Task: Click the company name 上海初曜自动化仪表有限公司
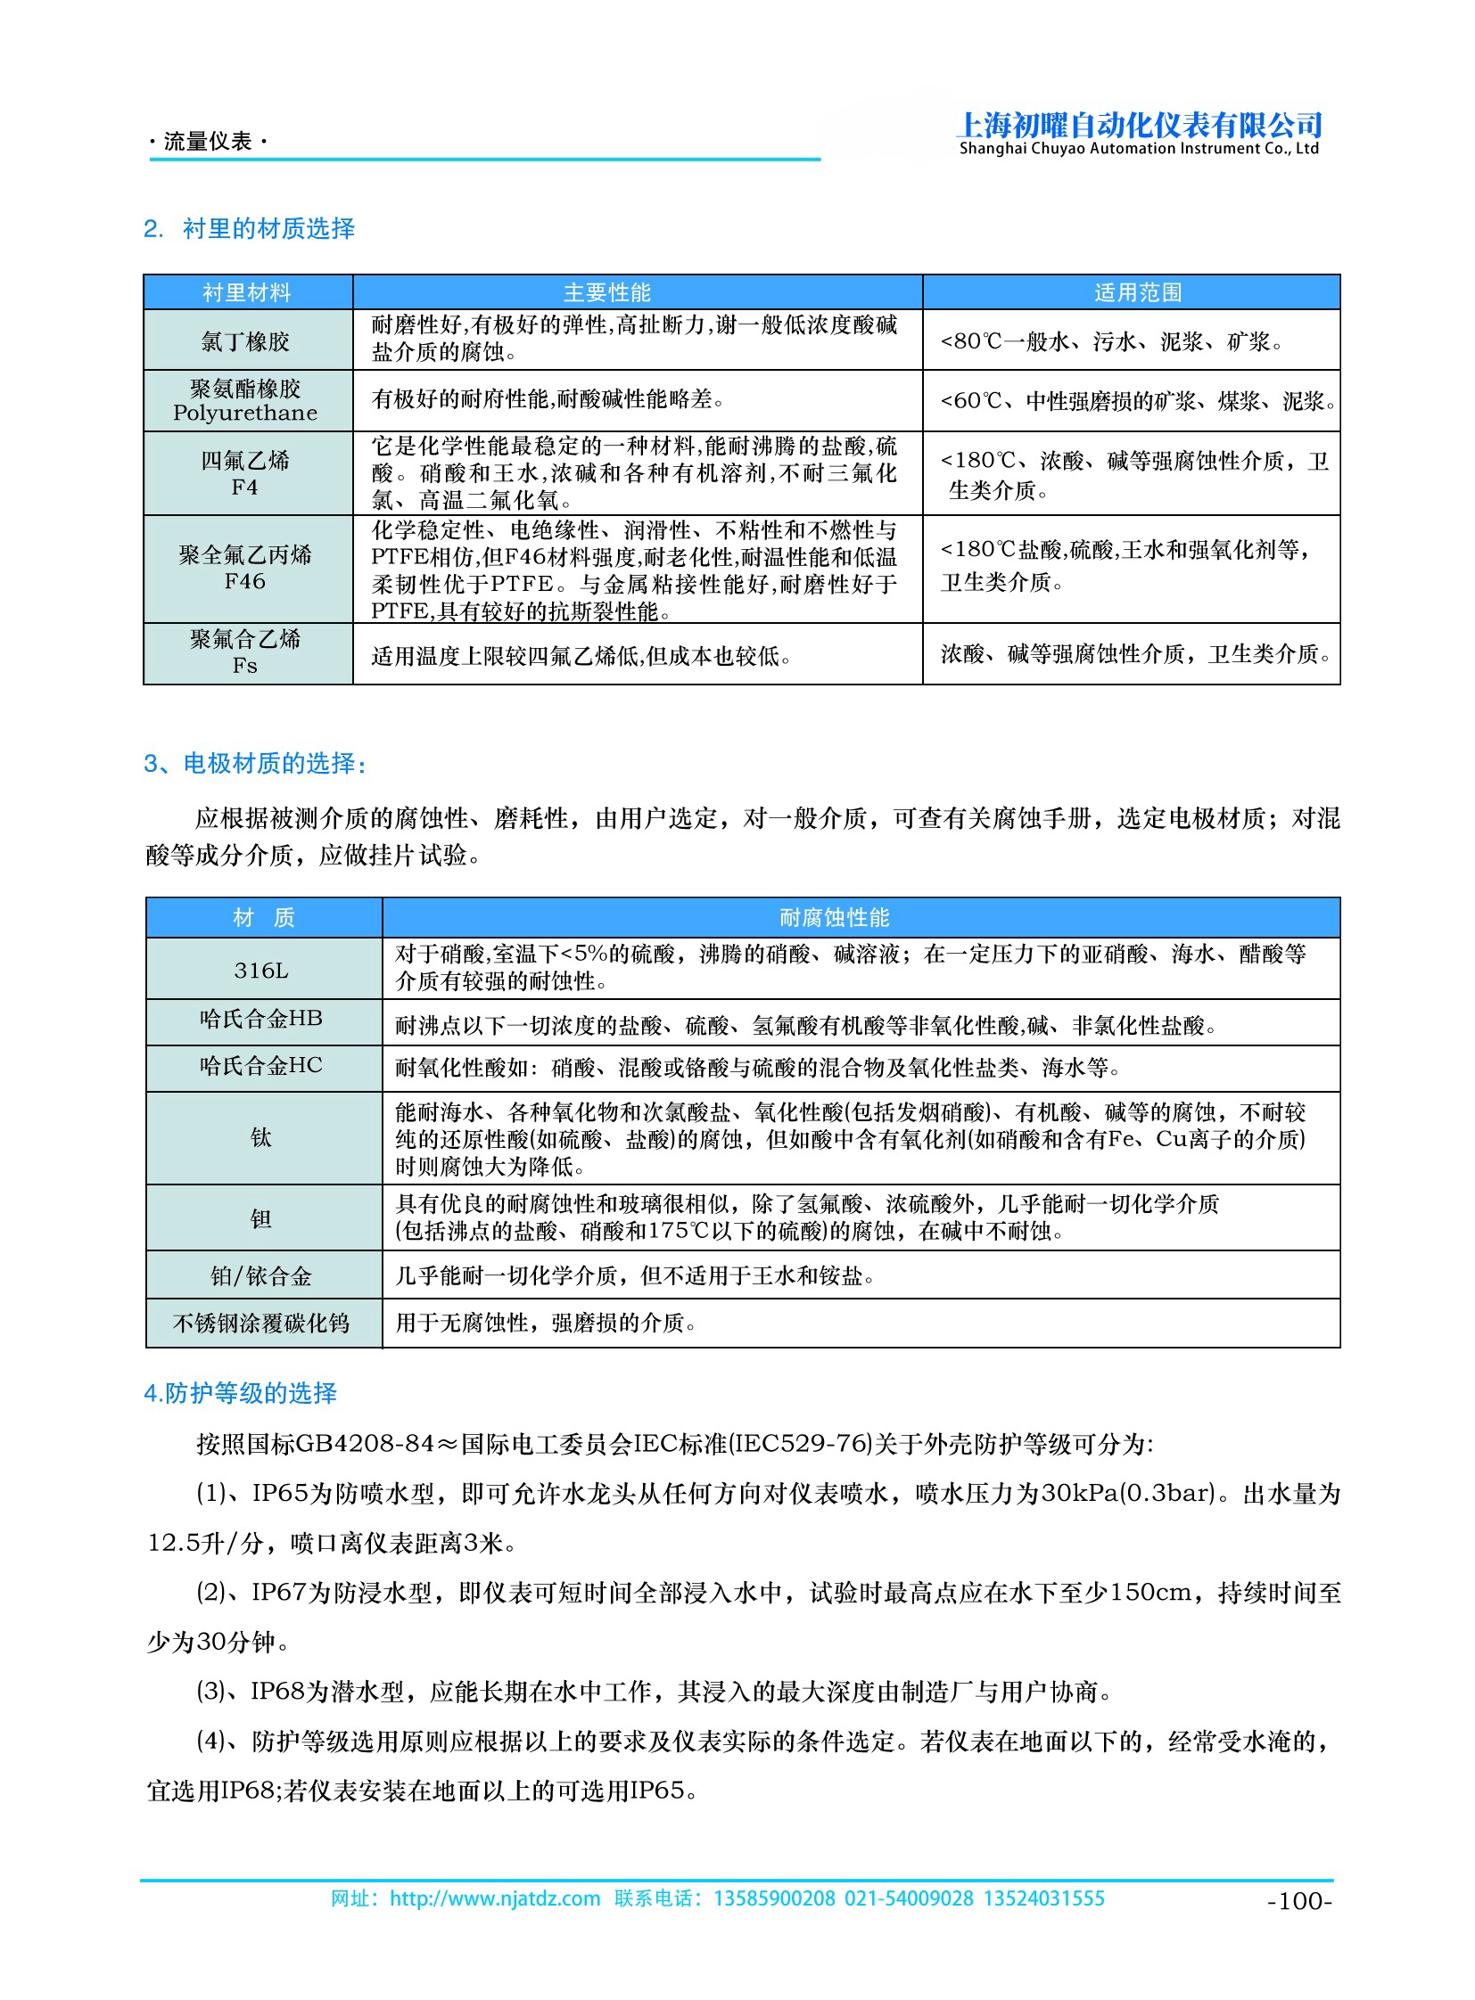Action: click(1139, 125)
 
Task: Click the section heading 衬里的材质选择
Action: click(268, 229)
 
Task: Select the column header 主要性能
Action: click(607, 292)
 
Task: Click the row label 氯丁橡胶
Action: click(245, 342)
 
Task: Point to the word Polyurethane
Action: click(245, 414)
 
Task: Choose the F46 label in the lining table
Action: click(245, 582)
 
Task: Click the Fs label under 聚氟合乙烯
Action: click(245, 666)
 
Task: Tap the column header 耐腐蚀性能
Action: click(834, 917)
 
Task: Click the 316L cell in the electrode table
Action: click(261, 971)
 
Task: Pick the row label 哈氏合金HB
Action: click(261, 1020)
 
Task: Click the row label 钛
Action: click(260, 1138)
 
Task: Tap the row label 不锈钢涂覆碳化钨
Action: click(261, 1324)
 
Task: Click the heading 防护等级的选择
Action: click(250, 1393)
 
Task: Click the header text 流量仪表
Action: click(209, 141)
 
